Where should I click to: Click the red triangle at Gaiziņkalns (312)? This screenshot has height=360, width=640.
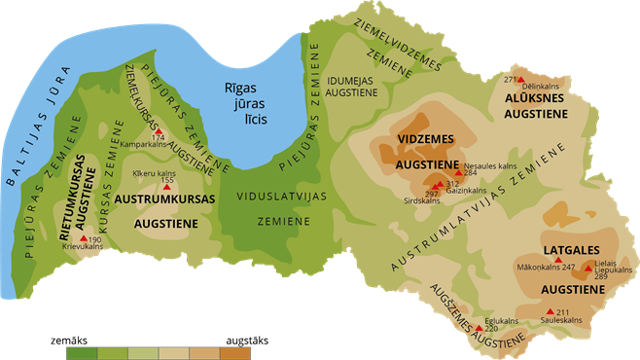[x=438, y=184]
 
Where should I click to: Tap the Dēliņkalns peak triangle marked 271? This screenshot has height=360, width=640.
[x=520, y=80]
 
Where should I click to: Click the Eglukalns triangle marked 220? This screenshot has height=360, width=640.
[x=478, y=328]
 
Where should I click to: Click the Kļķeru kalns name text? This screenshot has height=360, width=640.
[x=153, y=173]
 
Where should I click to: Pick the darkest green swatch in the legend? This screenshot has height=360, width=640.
[x=81, y=352]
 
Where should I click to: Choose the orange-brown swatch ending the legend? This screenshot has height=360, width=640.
[x=235, y=352]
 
